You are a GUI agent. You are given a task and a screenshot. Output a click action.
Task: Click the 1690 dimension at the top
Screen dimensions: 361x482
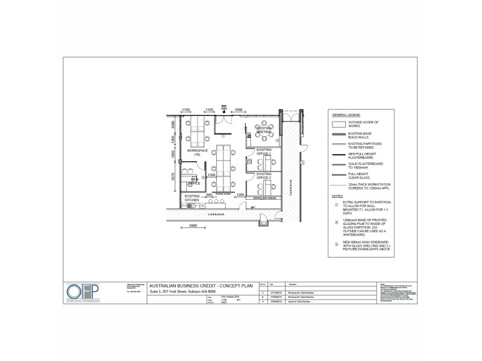click(x=237, y=110)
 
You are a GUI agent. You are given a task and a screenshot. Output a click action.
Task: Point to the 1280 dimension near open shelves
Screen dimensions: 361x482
click(x=239, y=194)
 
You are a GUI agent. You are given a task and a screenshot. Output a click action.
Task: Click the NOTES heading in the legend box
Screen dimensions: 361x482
click(x=339, y=197)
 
